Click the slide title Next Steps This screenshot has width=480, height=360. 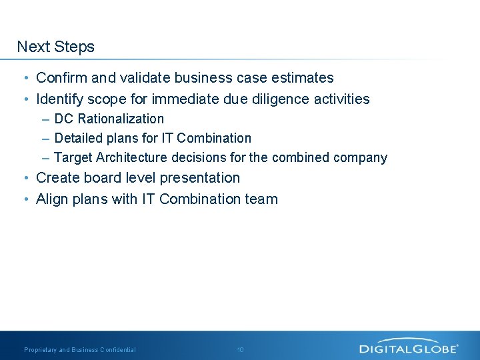pyautogui.click(x=56, y=47)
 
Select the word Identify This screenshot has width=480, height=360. pyautogui.click(x=60, y=99)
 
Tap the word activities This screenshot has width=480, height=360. pyautogui.click(x=341, y=99)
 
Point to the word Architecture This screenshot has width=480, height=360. pyautogui.click(x=132, y=157)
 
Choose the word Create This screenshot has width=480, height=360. pyautogui.click(x=57, y=178)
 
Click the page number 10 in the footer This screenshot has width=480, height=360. pyautogui.click(x=240, y=350)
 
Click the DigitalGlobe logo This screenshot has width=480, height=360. pyautogui.click(x=409, y=347)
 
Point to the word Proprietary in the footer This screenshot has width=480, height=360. pyautogui.click(x=41, y=350)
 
